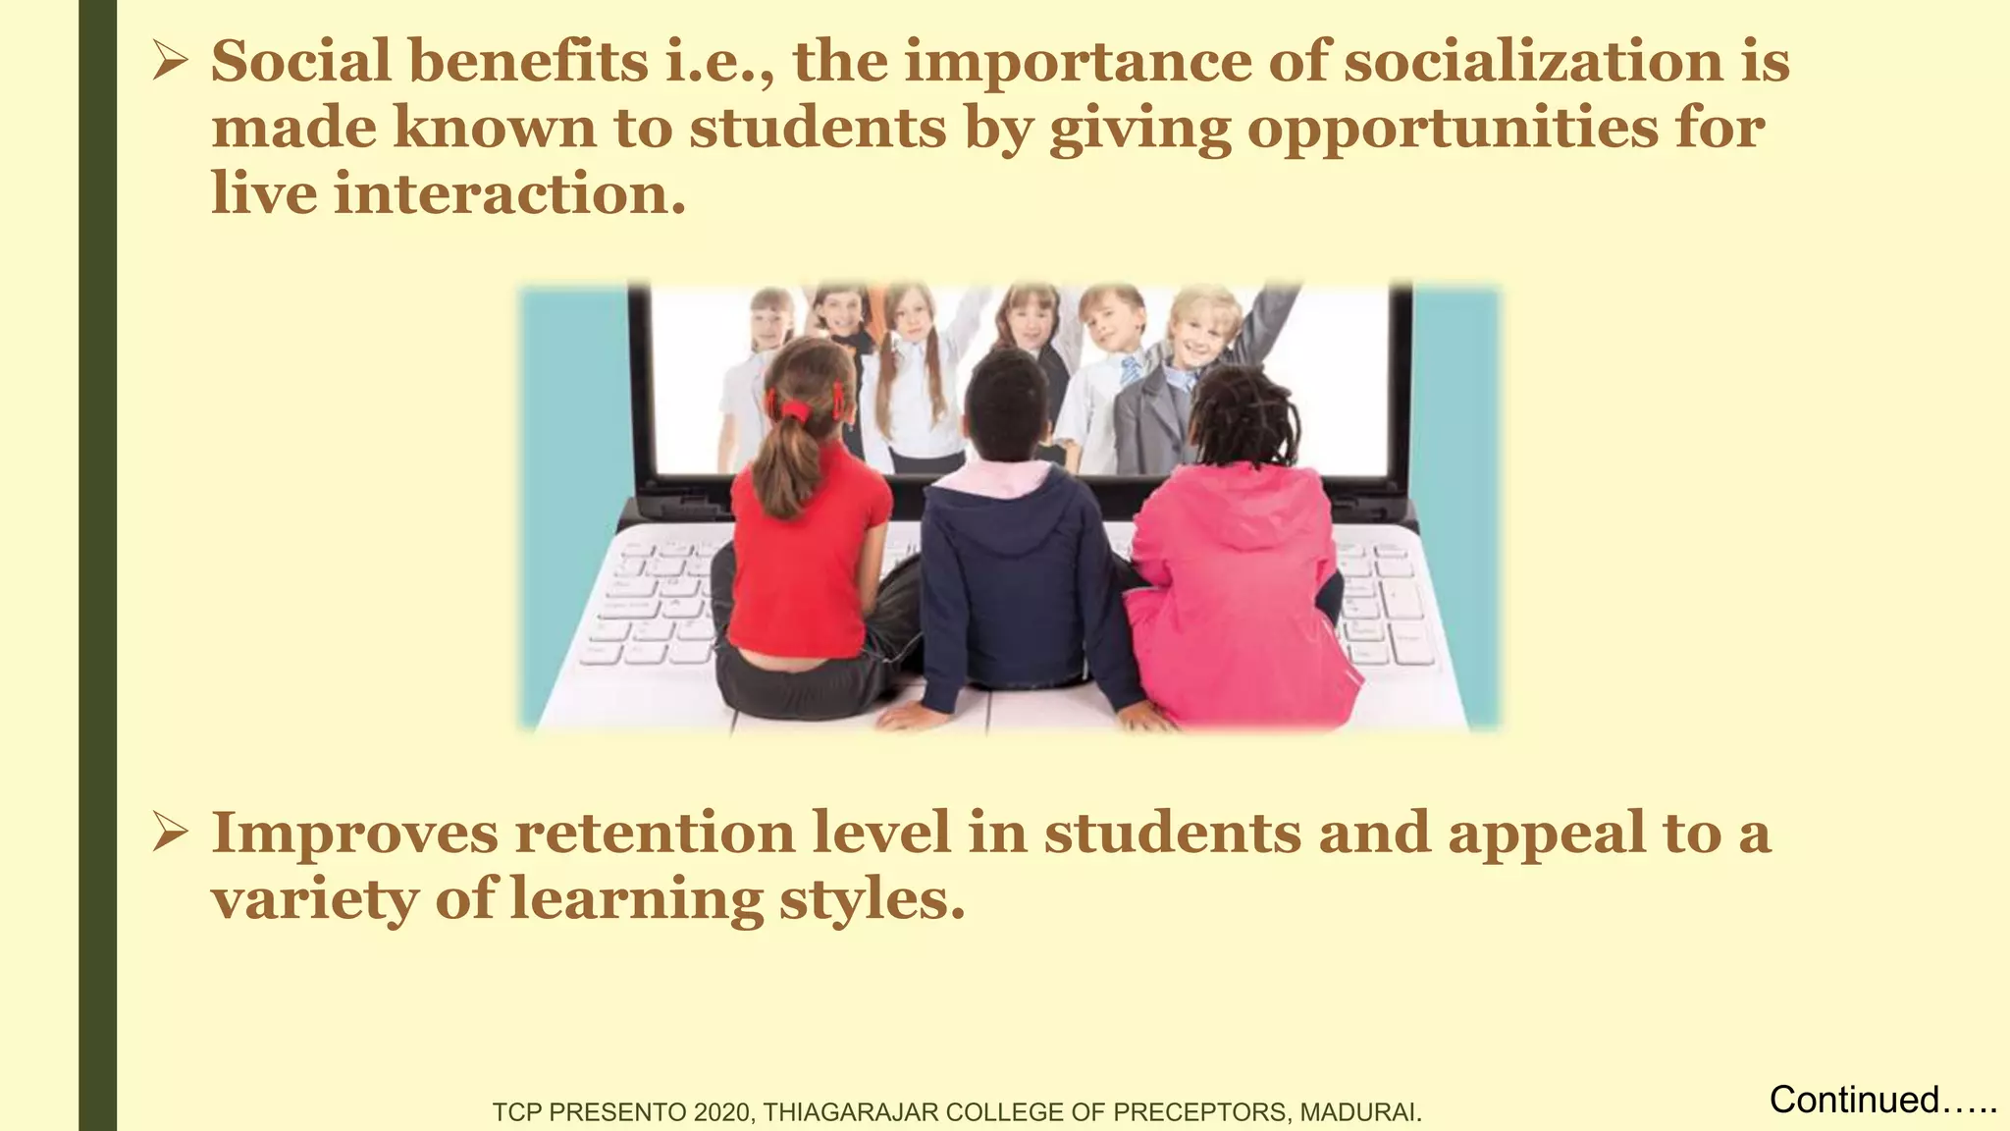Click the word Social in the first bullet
(301, 61)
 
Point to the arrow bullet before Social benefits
(170, 63)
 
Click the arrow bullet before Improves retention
(170, 834)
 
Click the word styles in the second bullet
(872, 899)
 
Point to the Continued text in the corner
(1853, 1100)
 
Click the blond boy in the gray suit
(1188, 373)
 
